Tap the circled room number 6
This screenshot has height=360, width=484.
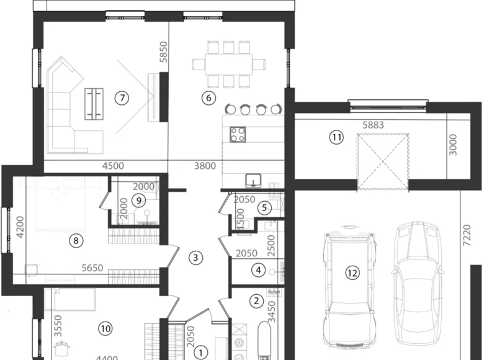[x=208, y=97]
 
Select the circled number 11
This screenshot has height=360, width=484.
[x=336, y=138]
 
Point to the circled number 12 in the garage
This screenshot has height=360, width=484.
[x=352, y=272]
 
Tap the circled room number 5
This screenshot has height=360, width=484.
[x=264, y=208]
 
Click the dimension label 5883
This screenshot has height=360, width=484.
[x=374, y=125]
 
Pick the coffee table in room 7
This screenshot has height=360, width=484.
[x=95, y=103]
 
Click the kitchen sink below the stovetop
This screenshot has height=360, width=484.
[x=253, y=181]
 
